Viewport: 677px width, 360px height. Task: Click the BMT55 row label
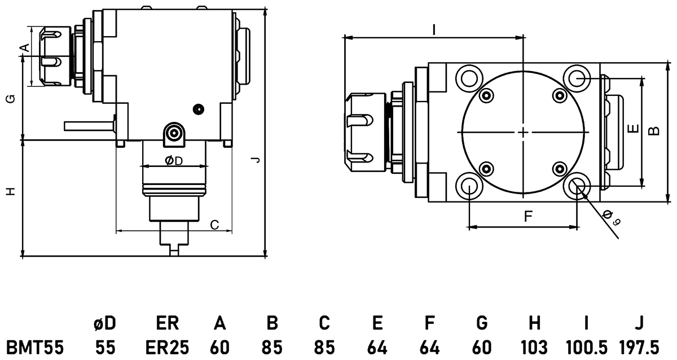[34, 346]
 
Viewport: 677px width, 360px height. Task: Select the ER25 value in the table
[168, 346]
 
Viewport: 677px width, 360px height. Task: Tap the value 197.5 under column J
[639, 346]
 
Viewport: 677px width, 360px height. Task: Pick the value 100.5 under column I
[586, 346]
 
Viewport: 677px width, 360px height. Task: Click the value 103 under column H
[534, 346]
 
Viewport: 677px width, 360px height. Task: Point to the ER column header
[168, 323]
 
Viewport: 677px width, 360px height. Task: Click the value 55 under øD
[105, 346]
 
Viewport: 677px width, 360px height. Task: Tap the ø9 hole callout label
[611, 217]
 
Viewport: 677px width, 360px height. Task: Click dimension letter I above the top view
[433, 29]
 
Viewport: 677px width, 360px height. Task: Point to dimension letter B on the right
[653, 131]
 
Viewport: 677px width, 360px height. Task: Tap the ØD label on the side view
[174, 161]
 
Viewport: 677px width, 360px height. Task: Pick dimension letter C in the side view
[214, 225]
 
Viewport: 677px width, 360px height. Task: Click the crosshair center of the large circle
[524, 133]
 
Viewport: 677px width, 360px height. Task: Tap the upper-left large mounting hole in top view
[469, 77]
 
